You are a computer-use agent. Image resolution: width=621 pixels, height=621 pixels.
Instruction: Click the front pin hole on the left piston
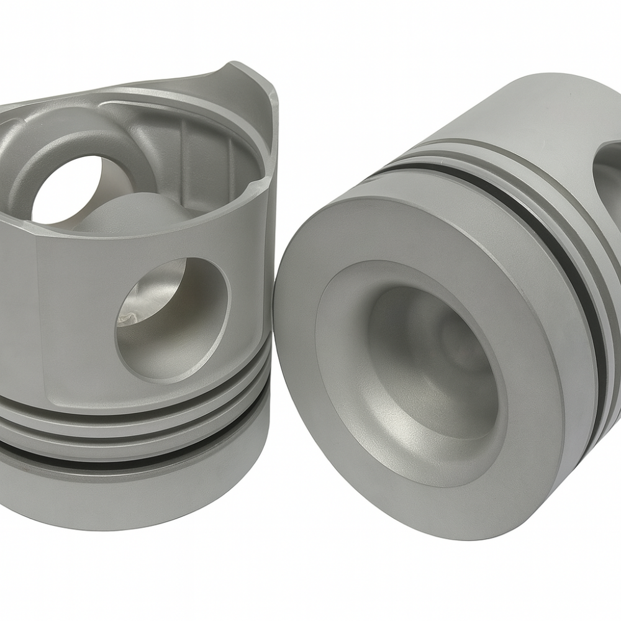[171, 317]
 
